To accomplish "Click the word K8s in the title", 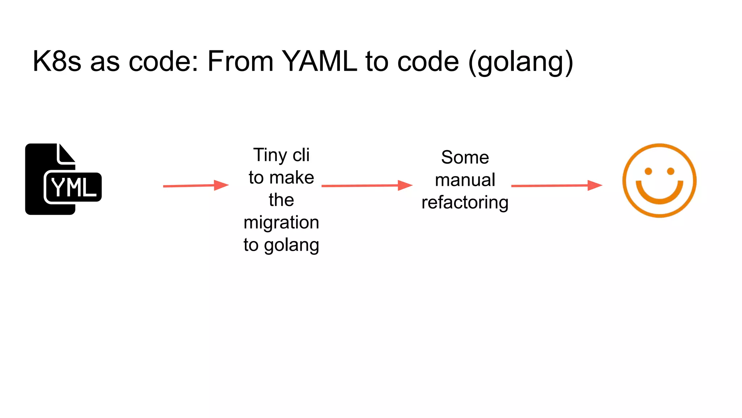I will click(57, 61).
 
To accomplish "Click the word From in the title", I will click(240, 61).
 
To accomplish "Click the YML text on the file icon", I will click(74, 188).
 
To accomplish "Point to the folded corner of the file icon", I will click(66, 154).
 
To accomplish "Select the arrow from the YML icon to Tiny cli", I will click(196, 185).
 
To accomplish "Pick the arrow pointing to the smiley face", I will click(556, 185).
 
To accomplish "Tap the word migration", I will click(281, 222).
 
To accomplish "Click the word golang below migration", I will click(291, 245).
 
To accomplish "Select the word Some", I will click(465, 157).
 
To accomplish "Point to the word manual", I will click(465, 180).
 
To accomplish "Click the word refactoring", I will click(465, 202).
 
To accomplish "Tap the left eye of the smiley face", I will click(649, 171).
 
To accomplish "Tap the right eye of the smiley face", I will click(671, 171).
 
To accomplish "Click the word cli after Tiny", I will click(301, 155).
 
